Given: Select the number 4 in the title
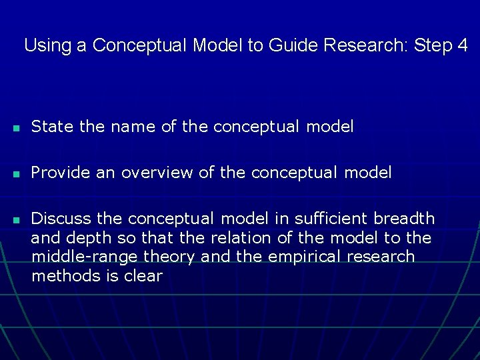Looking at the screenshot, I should (x=462, y=46).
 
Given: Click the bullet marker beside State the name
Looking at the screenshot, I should (x=14, y=127).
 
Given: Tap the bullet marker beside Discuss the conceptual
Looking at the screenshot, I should (x=14, y=219).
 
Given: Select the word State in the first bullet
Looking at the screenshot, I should (x=53, y=127).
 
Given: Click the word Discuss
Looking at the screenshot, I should (x=61, y=219).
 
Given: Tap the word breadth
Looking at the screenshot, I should (x=405, y=219).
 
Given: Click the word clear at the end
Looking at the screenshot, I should (x=143, y=276).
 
